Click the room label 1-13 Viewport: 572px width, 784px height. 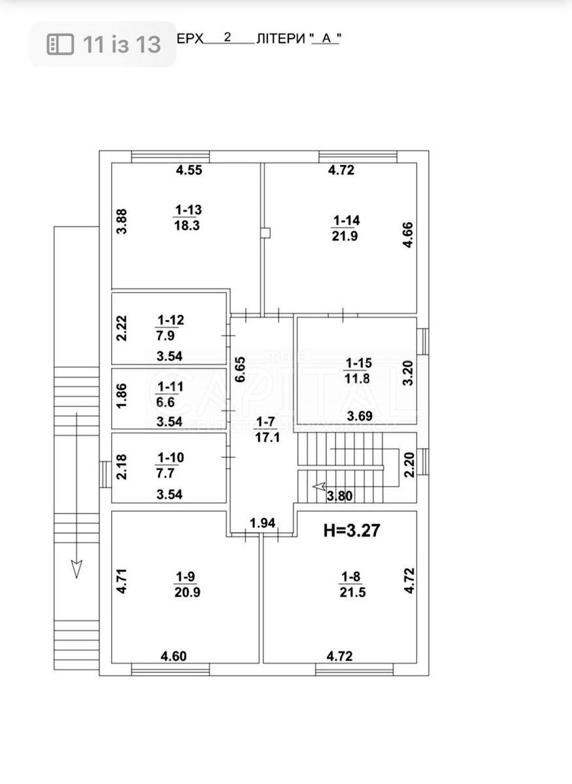[x=188, y=210]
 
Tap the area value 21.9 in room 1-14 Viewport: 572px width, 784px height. [x=345, y=237]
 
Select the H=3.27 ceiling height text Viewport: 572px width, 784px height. [x=352, y=531]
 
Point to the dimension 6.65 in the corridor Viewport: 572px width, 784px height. [x=240, y=369]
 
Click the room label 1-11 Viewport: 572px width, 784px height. [x=170, y=386]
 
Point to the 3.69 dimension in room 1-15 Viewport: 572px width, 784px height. [x=360, y=416]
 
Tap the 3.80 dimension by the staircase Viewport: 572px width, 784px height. [x=340, y=496]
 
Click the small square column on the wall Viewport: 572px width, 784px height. [x=265, y=232]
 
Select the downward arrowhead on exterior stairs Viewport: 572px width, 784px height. [x=76, y=569]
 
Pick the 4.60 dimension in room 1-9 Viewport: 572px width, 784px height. [x=175, y=656]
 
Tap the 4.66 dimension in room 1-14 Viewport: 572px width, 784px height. [x=407, y=235]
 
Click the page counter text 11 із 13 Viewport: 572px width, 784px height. [x=122, y=44]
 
